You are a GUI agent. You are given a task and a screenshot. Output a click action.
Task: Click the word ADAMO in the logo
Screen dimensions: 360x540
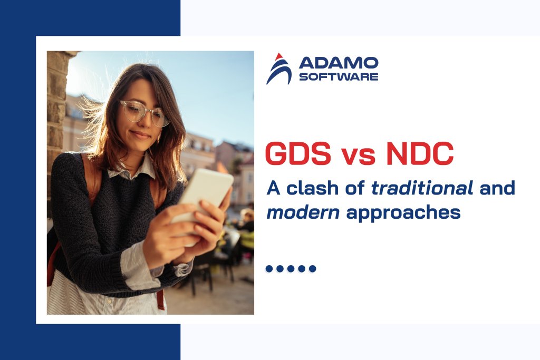click(x=338, y=63)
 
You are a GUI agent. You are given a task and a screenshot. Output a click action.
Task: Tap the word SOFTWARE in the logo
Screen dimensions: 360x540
click(x=338, y=77)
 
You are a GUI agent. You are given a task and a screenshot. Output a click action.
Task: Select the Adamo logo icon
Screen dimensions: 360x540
click(x=278, y=69)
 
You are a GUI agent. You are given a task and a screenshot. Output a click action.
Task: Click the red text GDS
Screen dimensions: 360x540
click(x=298, y=154)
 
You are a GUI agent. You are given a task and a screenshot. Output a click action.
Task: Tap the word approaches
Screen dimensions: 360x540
click(x=401, y=213)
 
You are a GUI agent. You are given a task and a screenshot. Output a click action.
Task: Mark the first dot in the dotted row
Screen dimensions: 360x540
click(x=269, y=269)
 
